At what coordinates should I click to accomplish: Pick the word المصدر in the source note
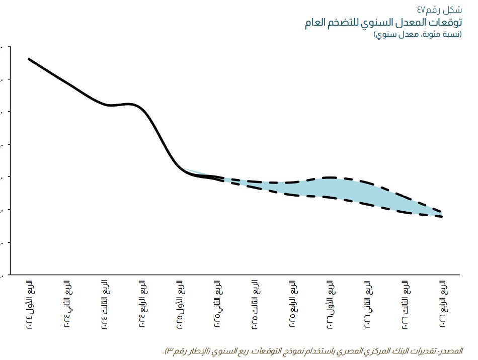[x=452, y=350]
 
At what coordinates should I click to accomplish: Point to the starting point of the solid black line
[x=29, y=59]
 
